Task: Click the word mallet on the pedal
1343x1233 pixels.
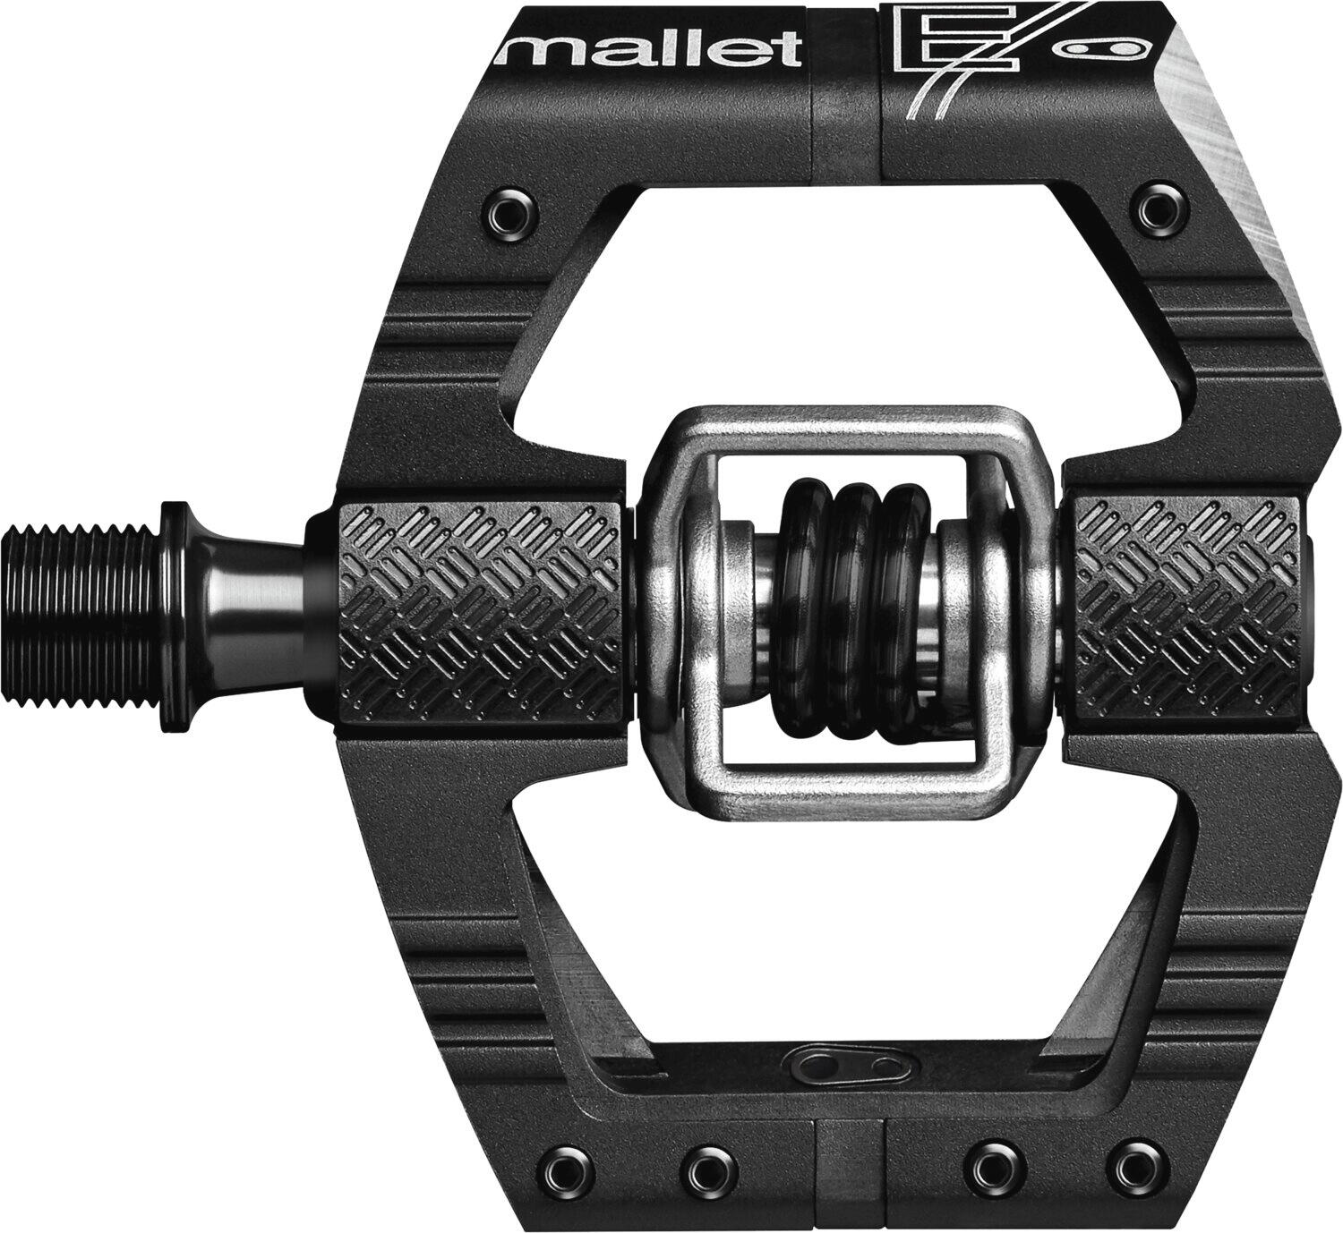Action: tap(650, 48)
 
